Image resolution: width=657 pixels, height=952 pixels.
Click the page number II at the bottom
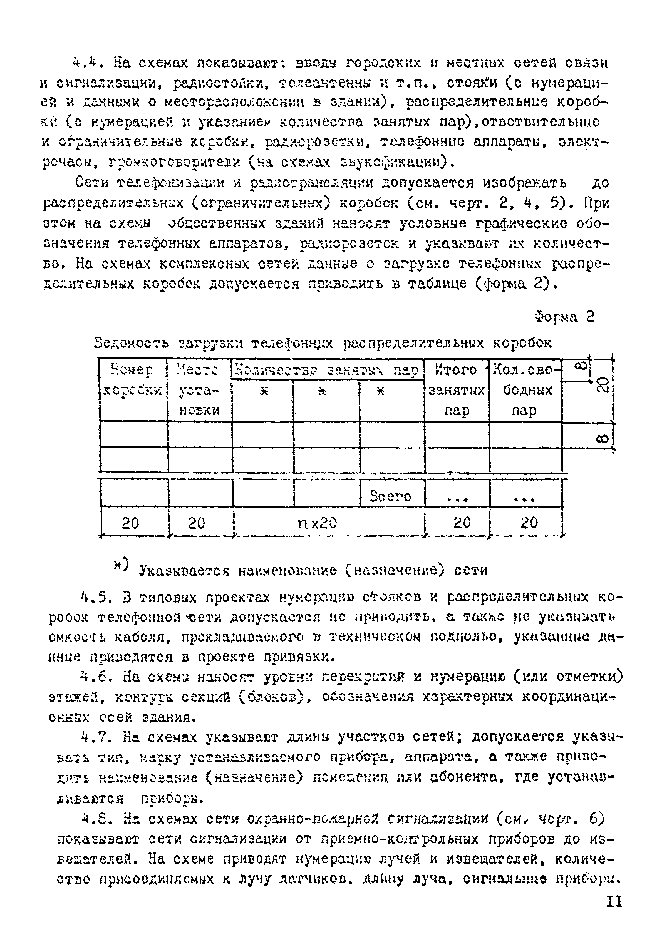614,902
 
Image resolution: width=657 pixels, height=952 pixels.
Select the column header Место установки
199,389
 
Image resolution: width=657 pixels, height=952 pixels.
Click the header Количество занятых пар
327,370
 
